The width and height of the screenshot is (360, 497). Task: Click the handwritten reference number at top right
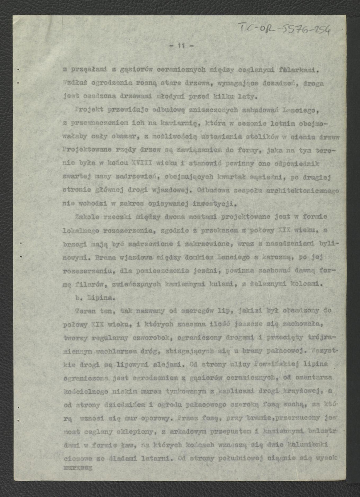(x=285, y=29)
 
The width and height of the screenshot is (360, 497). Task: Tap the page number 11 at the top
(x=181, y=46)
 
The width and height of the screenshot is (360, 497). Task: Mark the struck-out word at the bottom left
(x=78, y=467)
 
